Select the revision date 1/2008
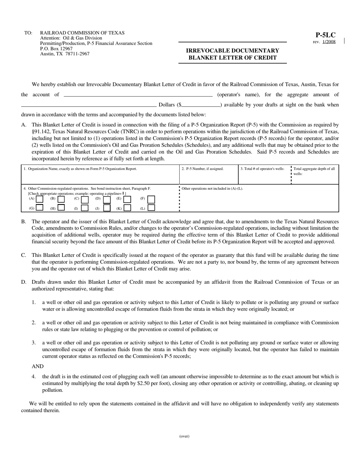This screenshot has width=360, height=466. [x=329, y=42]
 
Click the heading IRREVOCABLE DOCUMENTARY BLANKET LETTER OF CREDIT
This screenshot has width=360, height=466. [x=232, y=54]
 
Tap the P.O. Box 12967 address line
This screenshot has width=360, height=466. [x=56, y=49]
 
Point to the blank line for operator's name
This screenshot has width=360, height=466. [x=138, y=94]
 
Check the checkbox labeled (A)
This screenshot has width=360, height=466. [x=40, y=199]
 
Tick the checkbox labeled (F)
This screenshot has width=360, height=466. [x=151, y=199]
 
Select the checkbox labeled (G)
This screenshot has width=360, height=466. [x=40, y=208]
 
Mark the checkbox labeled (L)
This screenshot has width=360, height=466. [x=151, y=208]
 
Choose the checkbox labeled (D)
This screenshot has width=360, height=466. [x=107, y=199]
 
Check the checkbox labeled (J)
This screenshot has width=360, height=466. [x=107, y=208]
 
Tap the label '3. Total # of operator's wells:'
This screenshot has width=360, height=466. [x=262, y=169]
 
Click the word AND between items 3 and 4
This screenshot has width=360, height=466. [x=38, y=366]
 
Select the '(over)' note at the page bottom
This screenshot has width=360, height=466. [x=184, y=436]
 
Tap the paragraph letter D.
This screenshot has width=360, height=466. [x=23, y=282]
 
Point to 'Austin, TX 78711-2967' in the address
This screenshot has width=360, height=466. [x=65, y=54]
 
